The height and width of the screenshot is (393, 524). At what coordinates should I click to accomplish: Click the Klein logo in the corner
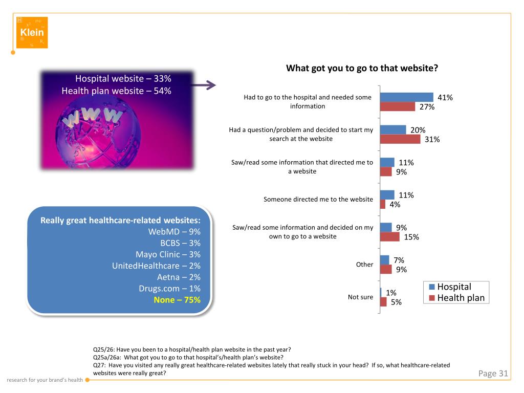coord(32,32)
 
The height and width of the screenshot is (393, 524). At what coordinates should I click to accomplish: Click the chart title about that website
coord(362,68)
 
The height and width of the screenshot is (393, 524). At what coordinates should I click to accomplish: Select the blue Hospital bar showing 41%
coord(406,97)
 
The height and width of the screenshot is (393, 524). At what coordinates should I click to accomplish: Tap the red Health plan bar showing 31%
coord(400,139)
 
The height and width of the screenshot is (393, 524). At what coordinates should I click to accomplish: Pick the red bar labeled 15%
coord(389,236)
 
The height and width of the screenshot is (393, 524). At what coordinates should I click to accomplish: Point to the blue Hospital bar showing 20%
coord(392,130)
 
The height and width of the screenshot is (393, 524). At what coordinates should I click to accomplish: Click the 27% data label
coord(427,107)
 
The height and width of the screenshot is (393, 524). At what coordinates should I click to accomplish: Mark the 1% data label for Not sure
coord(391,293)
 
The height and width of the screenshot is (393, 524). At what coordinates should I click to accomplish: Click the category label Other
coord(364,265)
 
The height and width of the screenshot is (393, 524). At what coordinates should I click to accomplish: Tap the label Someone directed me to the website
coord(318,200)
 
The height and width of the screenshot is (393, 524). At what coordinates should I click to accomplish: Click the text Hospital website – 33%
coord(123,79)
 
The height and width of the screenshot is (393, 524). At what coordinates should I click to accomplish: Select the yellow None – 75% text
coord(177,300)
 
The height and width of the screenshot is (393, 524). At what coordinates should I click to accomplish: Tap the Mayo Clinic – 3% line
coord(168,254)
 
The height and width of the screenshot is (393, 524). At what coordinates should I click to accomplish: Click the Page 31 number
coord(493,374)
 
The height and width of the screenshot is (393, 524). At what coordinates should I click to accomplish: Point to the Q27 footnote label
coord(99,365)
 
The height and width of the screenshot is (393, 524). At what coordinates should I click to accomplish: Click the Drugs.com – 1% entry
coord(169,289)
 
